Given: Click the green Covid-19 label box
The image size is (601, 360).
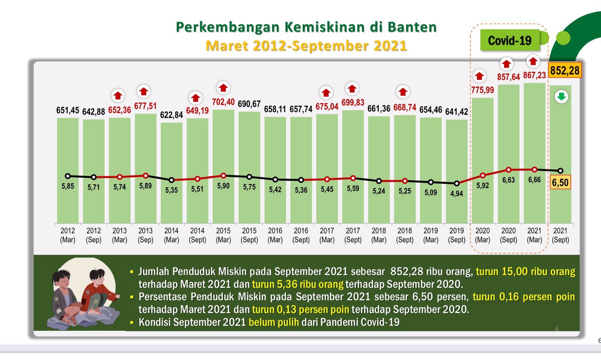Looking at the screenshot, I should click(x=509, y=40).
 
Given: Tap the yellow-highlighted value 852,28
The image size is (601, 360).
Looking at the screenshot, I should click(x=565, y=70).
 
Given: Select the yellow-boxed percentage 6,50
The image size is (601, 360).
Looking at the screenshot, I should click(x=560, y=183).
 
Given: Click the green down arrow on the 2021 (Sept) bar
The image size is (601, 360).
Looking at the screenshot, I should click(x=561, y=97).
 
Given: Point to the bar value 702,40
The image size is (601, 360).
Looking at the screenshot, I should click(x=223, y=102).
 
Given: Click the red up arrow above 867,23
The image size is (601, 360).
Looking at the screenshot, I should click(x=533, y=61).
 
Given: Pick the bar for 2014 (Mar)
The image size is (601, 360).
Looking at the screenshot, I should click(x=171, y=173).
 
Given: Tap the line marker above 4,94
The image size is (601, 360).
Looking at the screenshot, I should click(x=457, y=183).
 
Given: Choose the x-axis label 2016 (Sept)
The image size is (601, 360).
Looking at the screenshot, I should click(x=301, y=235).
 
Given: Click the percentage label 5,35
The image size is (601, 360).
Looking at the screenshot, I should click(x=171, y=190).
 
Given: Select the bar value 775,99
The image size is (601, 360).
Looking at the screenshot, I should click(x=482, y=90).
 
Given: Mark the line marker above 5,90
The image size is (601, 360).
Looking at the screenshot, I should click(x=223, y=175).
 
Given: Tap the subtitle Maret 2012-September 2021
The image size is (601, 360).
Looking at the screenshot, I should click(x=306, y=46).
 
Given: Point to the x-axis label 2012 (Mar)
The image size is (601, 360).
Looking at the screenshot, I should click(x=68, y=235).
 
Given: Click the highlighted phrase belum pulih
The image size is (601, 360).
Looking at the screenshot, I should click(x=274, y=322).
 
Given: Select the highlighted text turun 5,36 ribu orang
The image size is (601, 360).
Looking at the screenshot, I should click(x=297, y=284).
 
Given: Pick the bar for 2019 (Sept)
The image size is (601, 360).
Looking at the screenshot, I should click(x=457, y=171).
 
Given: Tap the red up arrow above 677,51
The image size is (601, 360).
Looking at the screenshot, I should click(x=143, y=91).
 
